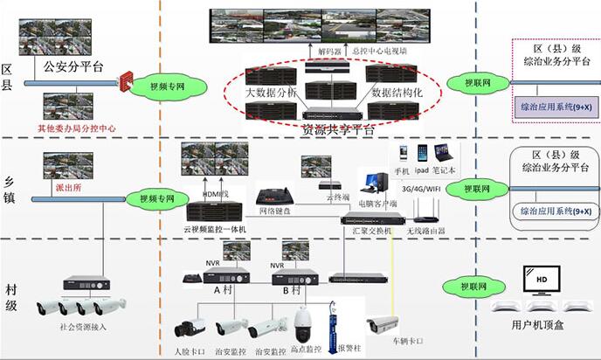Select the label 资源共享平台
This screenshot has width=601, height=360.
338,129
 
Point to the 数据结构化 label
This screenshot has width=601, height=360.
398,92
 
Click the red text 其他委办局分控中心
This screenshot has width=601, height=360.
76,128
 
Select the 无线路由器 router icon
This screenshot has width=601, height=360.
426,211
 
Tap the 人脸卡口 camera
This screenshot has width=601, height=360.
189,329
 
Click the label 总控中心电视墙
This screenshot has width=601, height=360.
383,52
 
